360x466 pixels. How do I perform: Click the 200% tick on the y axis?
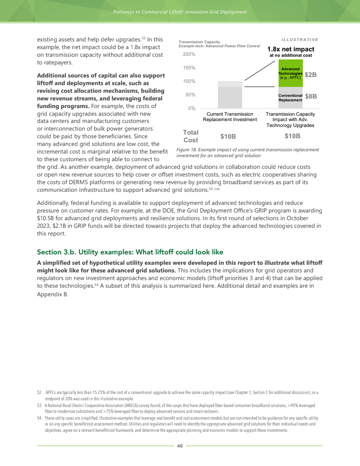click(189, 54)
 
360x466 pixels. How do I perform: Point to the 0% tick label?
click(191, 109)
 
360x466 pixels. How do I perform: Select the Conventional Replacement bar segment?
click(290, 96)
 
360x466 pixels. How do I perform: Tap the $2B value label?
click(311, 75)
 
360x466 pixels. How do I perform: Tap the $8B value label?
click(311, 96)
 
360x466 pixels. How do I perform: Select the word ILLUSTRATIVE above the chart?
click(300, 40)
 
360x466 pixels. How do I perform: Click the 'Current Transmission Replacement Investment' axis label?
click(229, 117)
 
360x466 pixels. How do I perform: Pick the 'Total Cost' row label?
click(191, 136)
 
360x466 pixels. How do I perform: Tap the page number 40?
click(180, 446)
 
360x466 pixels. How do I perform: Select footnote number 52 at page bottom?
click(39, 393)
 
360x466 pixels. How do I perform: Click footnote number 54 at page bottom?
click(39, 418)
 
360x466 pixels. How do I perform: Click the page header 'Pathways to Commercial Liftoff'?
click(180, 12)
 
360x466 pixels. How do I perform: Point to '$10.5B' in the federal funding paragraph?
click(46, 218)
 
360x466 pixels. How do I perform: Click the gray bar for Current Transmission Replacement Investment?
click(229, 95)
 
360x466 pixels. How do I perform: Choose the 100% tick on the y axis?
click(189, 81)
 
